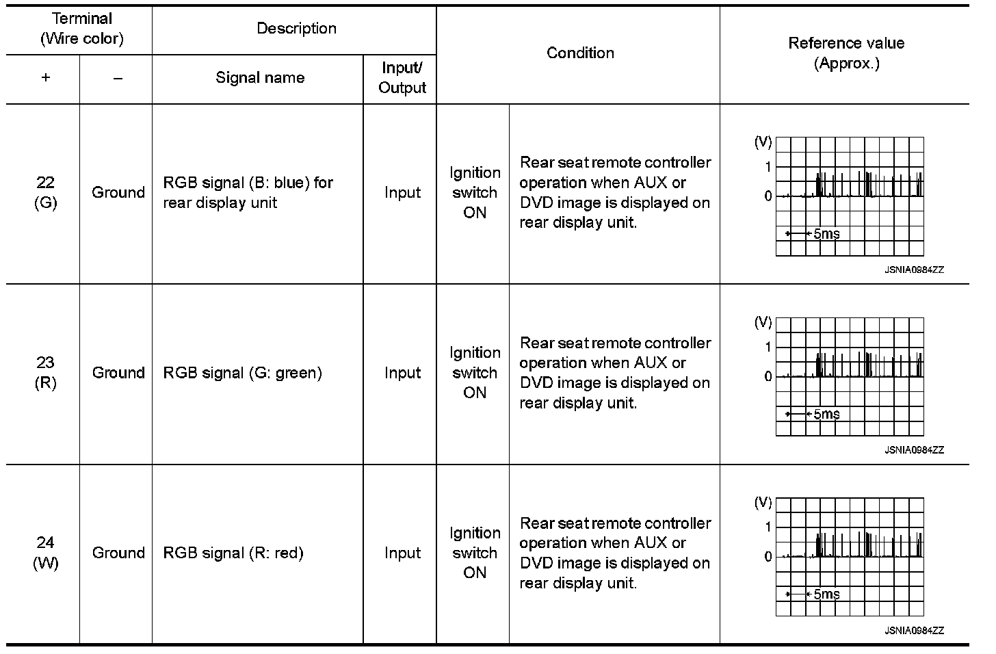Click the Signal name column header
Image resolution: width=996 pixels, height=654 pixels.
pos(260,78)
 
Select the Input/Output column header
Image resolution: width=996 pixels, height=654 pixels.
pos(402,78)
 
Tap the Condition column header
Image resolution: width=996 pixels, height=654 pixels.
pos(580,53)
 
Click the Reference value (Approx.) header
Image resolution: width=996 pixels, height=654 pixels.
pos(846,53)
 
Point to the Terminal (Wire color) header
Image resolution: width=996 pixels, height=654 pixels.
pos(82,29)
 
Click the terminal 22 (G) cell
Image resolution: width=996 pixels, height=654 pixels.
pos(45,192)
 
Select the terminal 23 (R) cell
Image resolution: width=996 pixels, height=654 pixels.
pos(45,373)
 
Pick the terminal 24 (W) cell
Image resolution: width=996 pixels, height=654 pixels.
pos(45,553)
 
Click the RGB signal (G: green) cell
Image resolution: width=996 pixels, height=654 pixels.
pos(242,373)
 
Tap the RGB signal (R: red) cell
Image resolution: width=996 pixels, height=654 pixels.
pos(233,553)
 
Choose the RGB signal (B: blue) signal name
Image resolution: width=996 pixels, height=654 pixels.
pos(248,192)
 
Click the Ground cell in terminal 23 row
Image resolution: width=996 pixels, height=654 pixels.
pos(118,373)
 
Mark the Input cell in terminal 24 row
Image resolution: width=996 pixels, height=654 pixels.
pos(402,553)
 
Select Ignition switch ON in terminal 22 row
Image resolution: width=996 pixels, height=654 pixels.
pos(474,192)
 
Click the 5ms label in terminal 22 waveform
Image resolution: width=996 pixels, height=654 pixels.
pos(826,234)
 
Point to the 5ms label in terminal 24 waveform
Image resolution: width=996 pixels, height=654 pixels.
pos(826,594)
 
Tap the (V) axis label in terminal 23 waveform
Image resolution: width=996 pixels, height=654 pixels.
pos(763,322)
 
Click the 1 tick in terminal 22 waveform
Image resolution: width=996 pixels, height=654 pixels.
pos(768,167)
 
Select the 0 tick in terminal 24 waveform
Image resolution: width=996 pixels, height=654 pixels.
pos(768,557)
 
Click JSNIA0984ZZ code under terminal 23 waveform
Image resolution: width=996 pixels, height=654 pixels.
pos(914,450)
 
